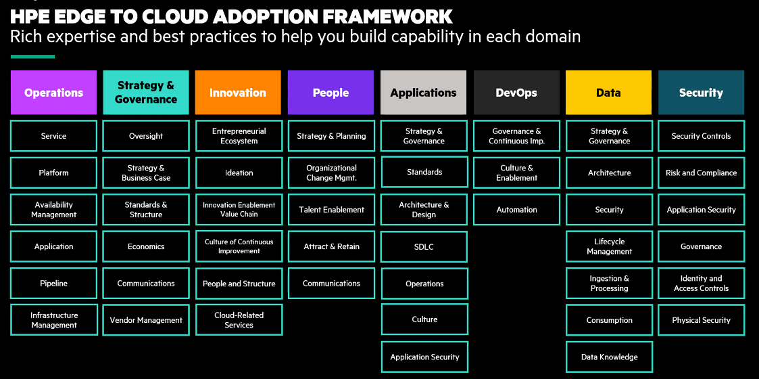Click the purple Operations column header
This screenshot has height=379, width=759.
click(x=53, y=93)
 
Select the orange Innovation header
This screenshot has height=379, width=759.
click(x=238, y=93)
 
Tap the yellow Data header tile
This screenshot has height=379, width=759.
click(x=608, y=93)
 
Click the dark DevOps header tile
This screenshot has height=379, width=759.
click(x=516, y=93)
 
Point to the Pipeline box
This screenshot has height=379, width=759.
click(x=53, y=284)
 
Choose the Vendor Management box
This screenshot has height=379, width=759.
click(x=146, y=320)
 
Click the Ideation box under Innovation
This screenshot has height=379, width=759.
click(x=239, y=173)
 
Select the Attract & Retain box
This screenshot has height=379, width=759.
click(x=331, y=246)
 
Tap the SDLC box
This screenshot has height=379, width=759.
click(x=424, y=246)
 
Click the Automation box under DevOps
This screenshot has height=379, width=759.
click(x=516, y=210)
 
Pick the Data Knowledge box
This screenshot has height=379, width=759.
click(x=609, y=357)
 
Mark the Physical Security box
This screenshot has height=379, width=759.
click(x=701, y=320)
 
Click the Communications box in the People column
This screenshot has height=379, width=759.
click(x=331, y=284)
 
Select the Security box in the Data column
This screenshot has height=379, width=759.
click(x=609, y=210)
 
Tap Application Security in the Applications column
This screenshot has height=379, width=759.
click(x=424, y=357)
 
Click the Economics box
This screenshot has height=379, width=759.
click(x=146, y=246)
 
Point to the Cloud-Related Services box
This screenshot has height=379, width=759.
click(x=239, y=320)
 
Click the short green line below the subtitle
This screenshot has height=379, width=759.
click(x=32, y=57)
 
